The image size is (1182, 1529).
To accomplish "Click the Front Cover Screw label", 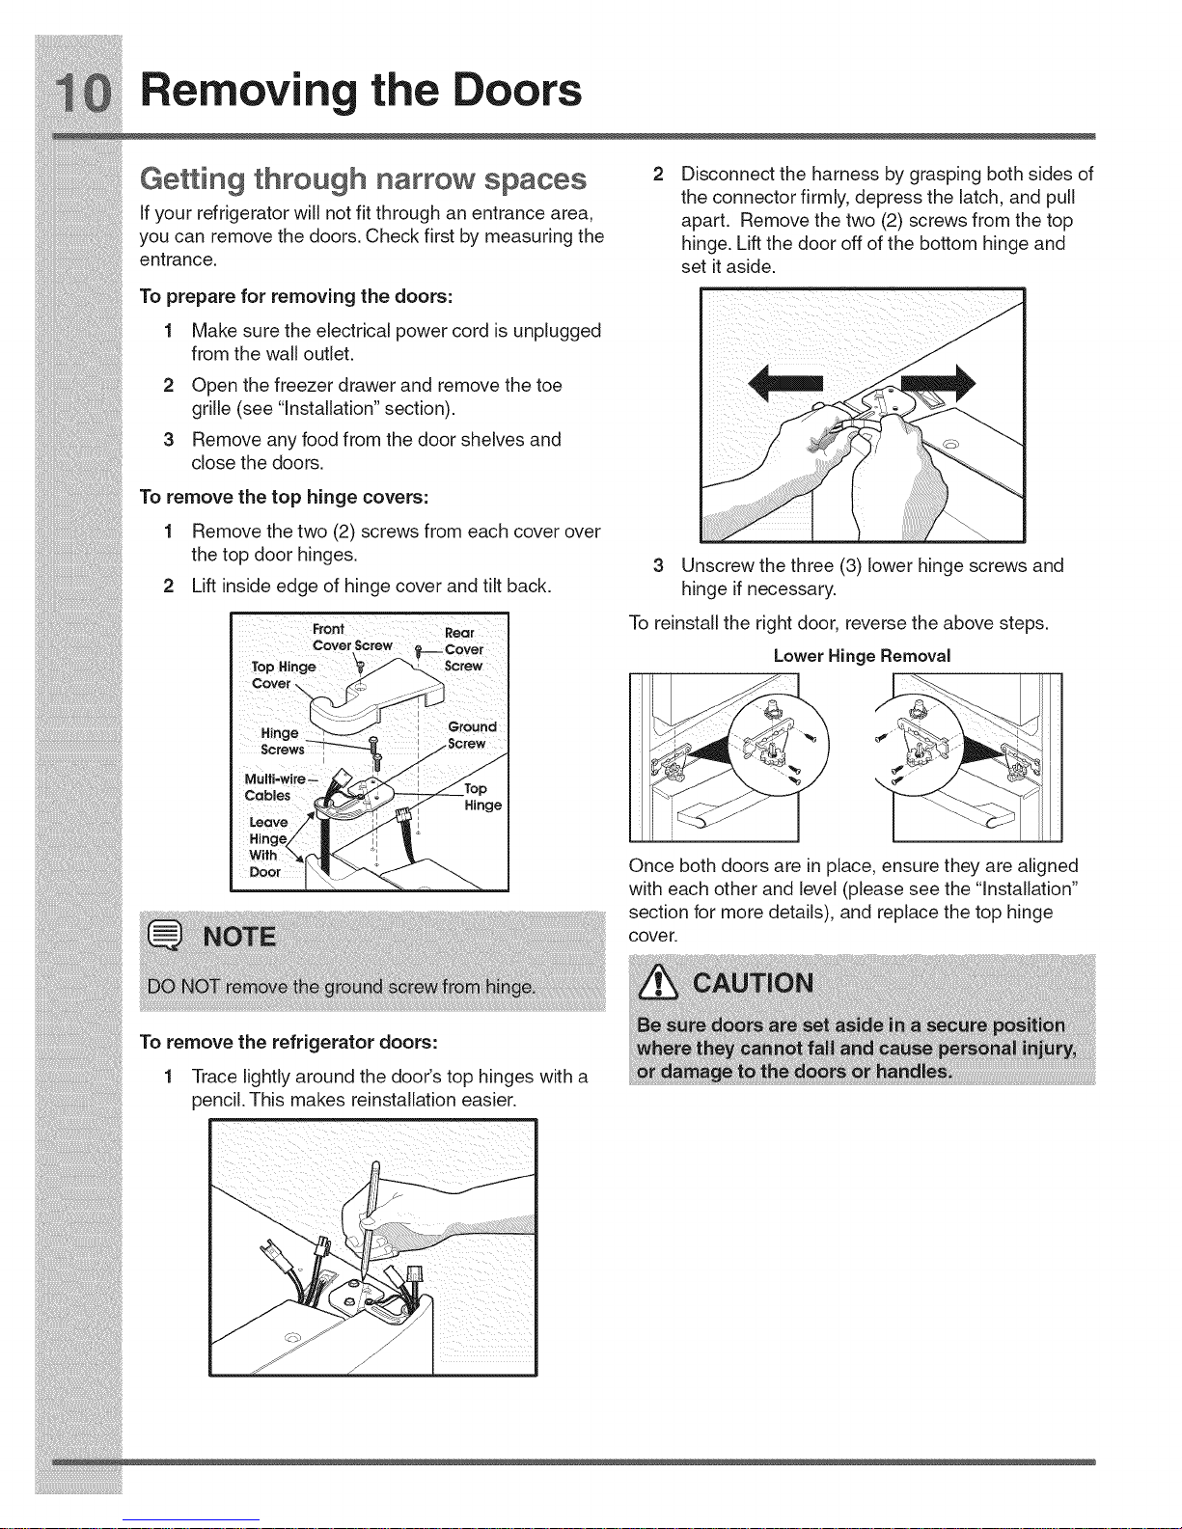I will (x=351, y=638).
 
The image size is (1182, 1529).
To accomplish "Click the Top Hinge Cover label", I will (x=281, y=674).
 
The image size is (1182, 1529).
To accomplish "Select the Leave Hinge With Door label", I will (x=267, y=847).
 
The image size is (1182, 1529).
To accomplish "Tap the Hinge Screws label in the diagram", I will (x=282, y=742).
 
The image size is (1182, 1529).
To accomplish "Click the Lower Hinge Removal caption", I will (x=862, y=656).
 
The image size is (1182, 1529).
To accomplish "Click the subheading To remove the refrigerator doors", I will (x=289, y=1042).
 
